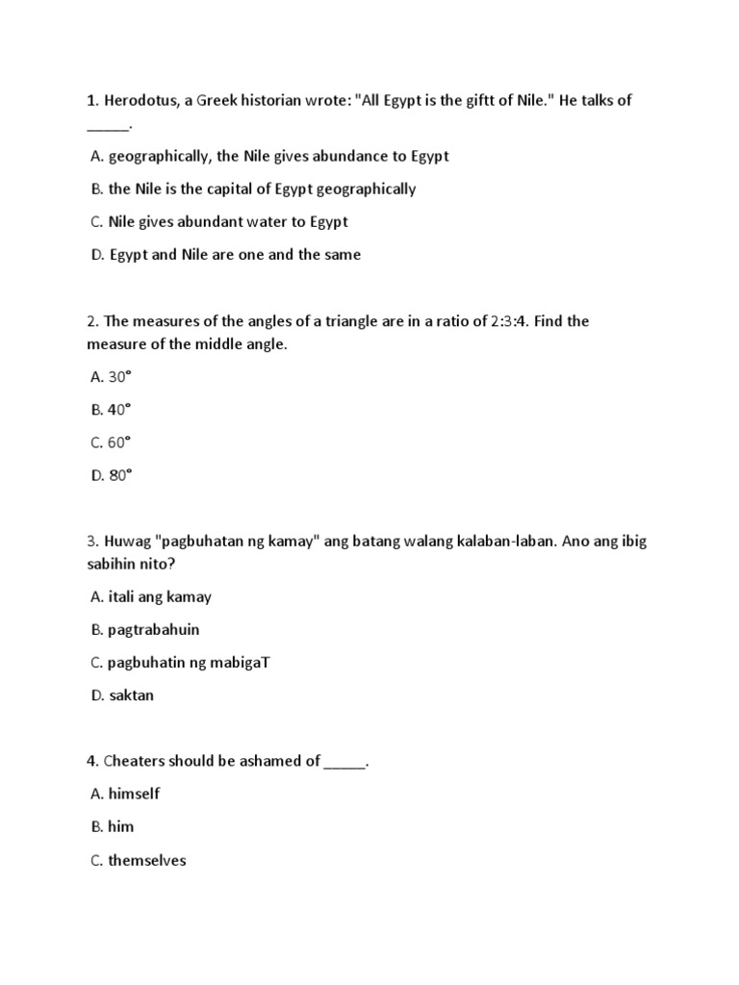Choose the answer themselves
(147, 860)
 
